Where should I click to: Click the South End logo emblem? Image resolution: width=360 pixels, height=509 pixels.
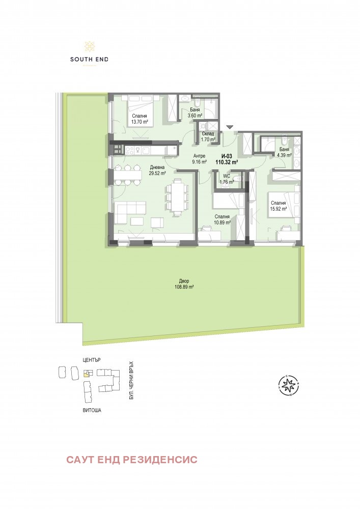pos(89,46)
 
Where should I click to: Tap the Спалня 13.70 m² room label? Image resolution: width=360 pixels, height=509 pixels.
pos(140,119)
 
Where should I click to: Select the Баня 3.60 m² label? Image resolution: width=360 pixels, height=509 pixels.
pos(195,112)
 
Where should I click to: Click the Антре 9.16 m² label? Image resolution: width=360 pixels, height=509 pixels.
pos(199,159)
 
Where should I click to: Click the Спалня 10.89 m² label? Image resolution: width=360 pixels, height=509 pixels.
pos(222,219)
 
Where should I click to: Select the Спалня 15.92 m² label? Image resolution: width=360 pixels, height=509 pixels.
pos(278,205)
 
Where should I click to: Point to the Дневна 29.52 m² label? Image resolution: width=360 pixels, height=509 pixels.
pos(157,170)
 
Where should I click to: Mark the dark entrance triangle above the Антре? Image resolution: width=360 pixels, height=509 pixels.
pos(230,127)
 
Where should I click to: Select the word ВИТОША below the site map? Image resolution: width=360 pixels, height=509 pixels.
pos(92,409)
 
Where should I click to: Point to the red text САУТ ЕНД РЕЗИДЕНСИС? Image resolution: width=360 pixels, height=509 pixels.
pos(131,460)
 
